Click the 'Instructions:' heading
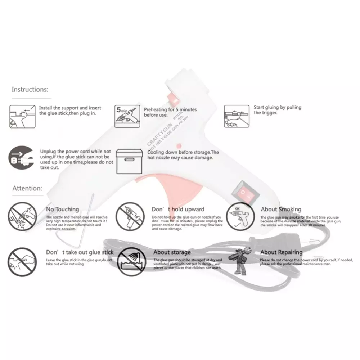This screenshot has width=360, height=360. coord(30,89)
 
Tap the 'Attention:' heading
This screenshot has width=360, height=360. coord(27,188)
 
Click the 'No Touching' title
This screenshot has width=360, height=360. coord(62,209)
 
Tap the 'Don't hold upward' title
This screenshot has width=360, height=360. coord(178,209)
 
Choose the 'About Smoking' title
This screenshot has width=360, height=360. coord(281,209)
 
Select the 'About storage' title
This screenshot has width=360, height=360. coord(172,252)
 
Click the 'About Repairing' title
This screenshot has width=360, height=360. coord(282,252)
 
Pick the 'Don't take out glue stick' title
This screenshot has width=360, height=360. coord(80,252)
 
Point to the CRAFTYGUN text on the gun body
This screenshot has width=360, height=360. coord(157,134)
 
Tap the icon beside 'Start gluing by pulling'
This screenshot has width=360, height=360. coord(236,116)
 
